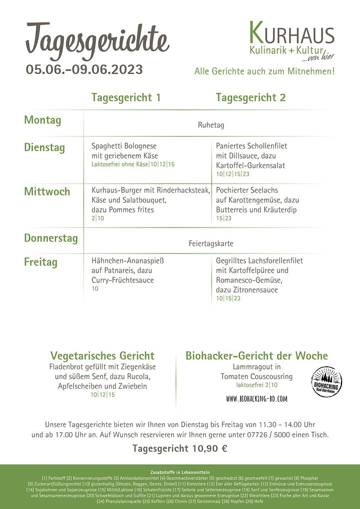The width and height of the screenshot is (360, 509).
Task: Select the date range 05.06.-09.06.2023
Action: coord(84,69)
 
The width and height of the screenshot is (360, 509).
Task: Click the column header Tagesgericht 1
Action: coord(126,98)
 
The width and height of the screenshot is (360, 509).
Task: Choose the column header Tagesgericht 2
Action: coord(251,98)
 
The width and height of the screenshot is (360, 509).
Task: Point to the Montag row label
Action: coord(42,120)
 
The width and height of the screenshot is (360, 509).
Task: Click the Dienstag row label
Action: coord(44,147)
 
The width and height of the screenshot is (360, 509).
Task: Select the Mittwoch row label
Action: coord(47,192)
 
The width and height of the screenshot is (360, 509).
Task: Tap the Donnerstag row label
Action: coord(51,238)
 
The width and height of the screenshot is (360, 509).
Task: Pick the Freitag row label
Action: coord(41,262)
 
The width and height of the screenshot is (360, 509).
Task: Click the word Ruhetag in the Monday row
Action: coord(211,125)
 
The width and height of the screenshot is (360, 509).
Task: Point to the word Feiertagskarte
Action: coord(211,244)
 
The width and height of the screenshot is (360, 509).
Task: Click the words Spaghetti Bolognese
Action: coord(124,146)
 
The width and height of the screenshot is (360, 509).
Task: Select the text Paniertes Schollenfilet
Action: coord(252,146)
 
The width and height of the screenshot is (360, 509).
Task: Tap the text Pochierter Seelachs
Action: coord(247,190)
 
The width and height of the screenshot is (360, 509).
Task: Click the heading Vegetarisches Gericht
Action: coord(102,356)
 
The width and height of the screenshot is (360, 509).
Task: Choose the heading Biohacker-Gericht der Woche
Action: coord(257,356)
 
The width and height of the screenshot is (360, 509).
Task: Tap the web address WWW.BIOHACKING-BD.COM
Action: coord(257,399)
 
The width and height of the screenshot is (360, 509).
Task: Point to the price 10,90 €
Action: coord(208,449)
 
